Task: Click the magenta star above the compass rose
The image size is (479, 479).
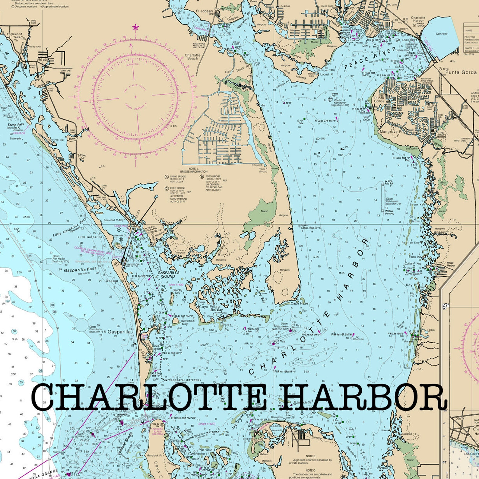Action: [135, 27]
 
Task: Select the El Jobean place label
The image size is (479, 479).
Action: [204, 11]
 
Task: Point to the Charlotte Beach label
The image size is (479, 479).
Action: [192, 57]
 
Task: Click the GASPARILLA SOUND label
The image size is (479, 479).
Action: [168, 274]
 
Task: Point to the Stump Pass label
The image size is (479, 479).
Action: [16, 125]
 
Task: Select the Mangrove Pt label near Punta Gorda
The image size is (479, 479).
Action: [391, 132]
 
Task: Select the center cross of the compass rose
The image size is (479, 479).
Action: [135, 97]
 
